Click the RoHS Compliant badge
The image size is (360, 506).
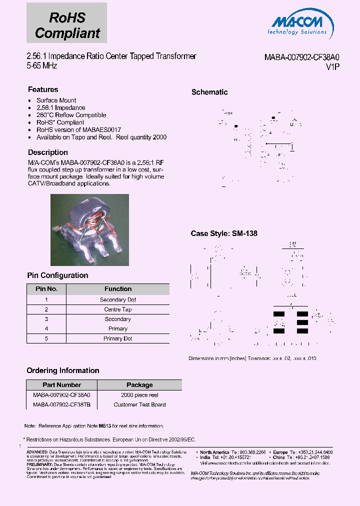click(67, 23)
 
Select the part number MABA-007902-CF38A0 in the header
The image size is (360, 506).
click(302, 57)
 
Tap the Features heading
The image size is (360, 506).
click(43, 89)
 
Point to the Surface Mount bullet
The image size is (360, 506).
click(56, 100)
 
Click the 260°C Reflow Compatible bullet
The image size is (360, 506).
click(71, 115)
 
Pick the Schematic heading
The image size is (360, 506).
click(209, 92)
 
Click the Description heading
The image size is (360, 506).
click(48, 152)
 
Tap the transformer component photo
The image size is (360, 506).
click(89, 229)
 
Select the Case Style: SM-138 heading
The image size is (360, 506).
click(224, 233)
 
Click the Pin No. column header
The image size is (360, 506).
click(46, 289)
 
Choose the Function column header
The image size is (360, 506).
click(118, 289)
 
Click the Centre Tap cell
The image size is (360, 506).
click(118, 309)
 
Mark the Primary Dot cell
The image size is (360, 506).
click(118, 338)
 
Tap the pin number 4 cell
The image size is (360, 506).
click(46, 328)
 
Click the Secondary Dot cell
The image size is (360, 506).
click(118, 300)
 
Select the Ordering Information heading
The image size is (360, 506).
click(63, 370)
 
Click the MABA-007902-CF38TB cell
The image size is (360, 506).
click(62, 404)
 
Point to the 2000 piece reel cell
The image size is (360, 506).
click(139, 395)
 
